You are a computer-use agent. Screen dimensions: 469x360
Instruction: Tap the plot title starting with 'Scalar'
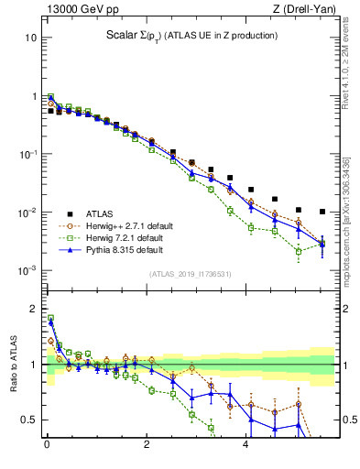coord(190,36)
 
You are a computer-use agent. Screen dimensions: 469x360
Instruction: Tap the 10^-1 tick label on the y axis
coord(27,155)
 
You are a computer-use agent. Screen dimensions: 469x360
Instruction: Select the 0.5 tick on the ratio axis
coord(28,420)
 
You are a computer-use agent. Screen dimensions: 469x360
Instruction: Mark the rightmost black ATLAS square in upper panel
coord(322,212)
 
